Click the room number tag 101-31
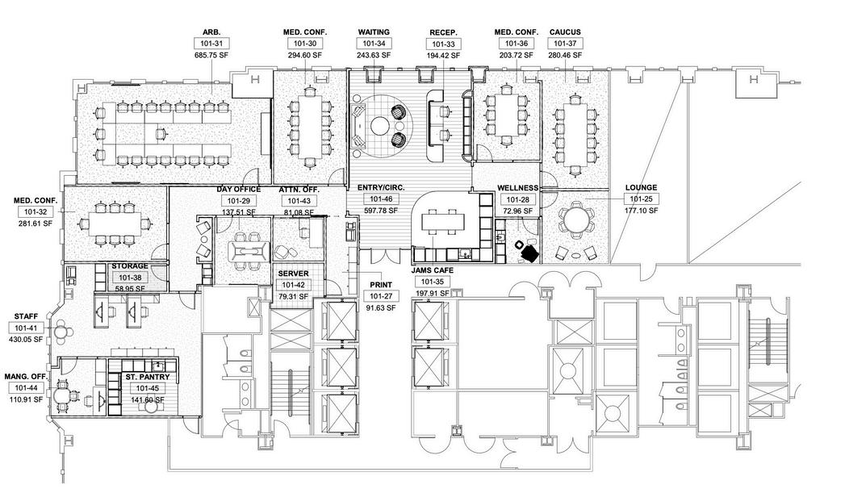coord(211,44)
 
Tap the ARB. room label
coord(211,33)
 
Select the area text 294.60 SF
coord(303,55)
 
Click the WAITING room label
coord(374,32)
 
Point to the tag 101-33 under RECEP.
coord(443,44)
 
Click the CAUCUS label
coord(565,32)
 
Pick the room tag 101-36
coord(512,44)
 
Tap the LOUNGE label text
coord(641,188)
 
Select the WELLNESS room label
coord(517,188)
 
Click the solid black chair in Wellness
coord(529,253)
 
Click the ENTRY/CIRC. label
coord(381,187)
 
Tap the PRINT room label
coord(381,285)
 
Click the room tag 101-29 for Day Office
coord(238,200)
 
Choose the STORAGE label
coord(129,265)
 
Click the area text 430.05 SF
coord(27,341)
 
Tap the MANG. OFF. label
coord(27,377)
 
